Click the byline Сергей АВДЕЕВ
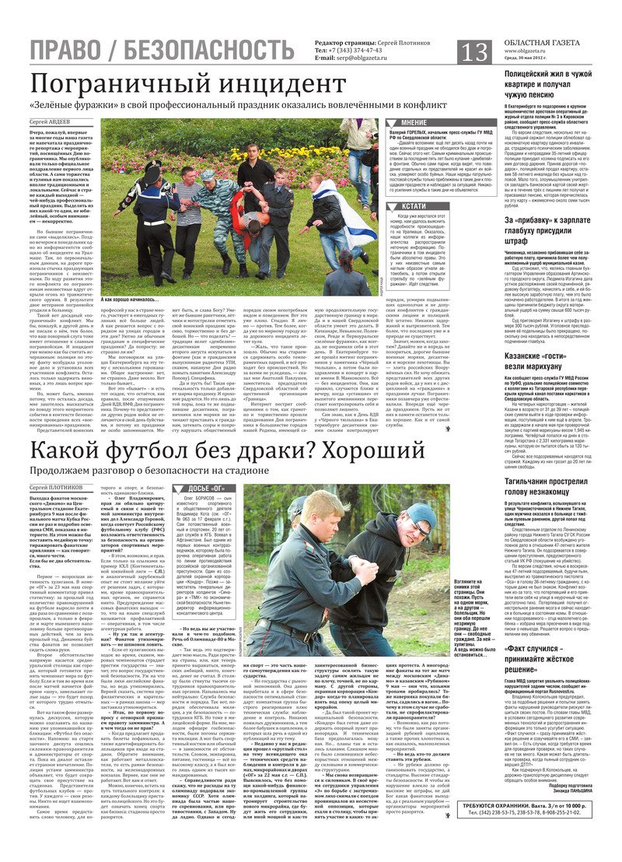coord(51,122)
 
